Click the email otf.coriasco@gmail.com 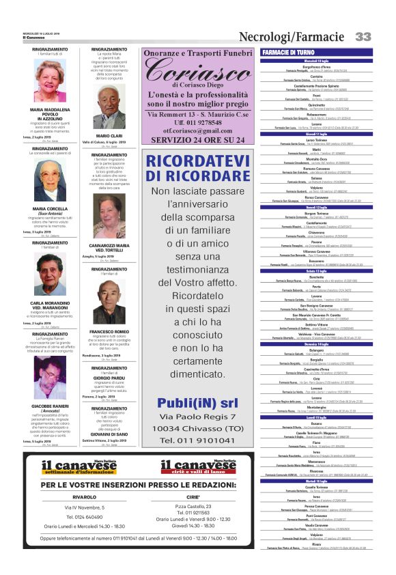pos(198,130)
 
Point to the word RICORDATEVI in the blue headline pos(197,162)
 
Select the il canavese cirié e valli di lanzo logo pos(197,468)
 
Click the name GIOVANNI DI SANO pos(109,433)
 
